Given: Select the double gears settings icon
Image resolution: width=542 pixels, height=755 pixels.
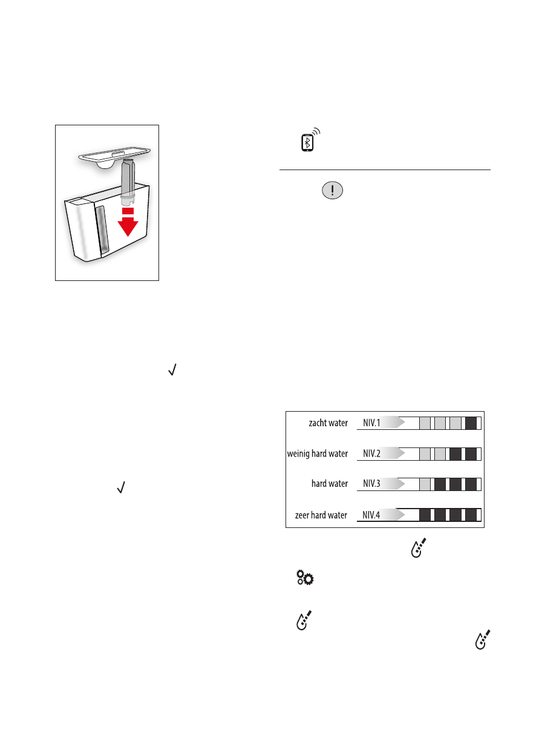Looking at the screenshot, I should pos(304,578).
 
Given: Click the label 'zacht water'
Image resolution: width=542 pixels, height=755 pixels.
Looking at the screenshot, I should pos(328,423).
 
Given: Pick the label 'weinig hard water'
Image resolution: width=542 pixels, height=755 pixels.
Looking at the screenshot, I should pos(317,453).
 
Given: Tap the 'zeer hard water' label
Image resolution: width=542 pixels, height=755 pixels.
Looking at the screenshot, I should pos(321,515).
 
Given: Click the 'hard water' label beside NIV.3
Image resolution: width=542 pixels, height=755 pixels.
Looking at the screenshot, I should pos(330,484).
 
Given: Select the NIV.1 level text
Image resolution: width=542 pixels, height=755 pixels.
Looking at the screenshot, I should pos(371,423).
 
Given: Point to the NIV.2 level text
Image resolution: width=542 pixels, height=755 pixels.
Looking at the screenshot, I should pos(371,453).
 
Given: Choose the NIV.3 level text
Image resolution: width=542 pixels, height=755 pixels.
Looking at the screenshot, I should pos(371,484).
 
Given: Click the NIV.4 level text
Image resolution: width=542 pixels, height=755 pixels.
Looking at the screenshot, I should pos(371,515).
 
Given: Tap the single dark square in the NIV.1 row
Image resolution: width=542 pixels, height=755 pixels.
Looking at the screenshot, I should pos(471,423).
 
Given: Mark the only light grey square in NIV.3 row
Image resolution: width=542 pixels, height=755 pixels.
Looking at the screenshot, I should pos(425,484).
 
